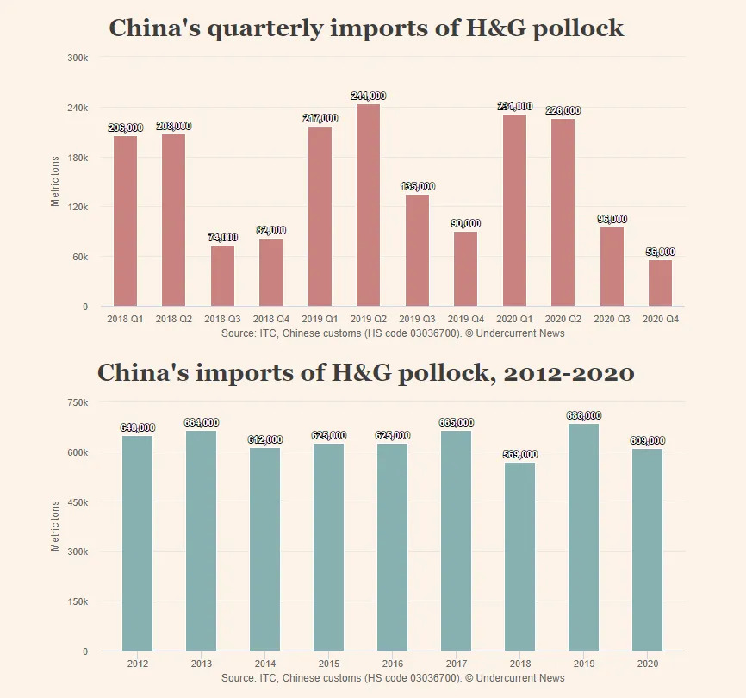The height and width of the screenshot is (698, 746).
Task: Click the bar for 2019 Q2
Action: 368,205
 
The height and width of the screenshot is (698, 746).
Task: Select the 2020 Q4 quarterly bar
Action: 660,283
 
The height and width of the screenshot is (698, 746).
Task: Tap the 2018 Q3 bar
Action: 222,276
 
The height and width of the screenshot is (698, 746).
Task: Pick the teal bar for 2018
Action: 519,557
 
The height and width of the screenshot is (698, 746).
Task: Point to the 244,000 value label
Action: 368,96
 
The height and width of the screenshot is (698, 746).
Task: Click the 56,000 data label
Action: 660,252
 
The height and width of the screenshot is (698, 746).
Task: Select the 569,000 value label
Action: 519,454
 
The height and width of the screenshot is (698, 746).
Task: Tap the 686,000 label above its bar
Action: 583,415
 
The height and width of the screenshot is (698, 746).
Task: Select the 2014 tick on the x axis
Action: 265,664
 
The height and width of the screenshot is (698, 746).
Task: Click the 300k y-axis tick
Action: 78,58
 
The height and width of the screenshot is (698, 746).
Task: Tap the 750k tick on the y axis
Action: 78,402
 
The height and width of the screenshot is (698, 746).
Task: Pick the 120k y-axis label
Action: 78,208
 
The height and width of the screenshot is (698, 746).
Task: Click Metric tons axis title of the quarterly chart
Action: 56,180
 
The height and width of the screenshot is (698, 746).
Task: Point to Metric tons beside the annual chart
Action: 56,525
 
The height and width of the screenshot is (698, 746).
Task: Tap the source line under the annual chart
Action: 393,678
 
